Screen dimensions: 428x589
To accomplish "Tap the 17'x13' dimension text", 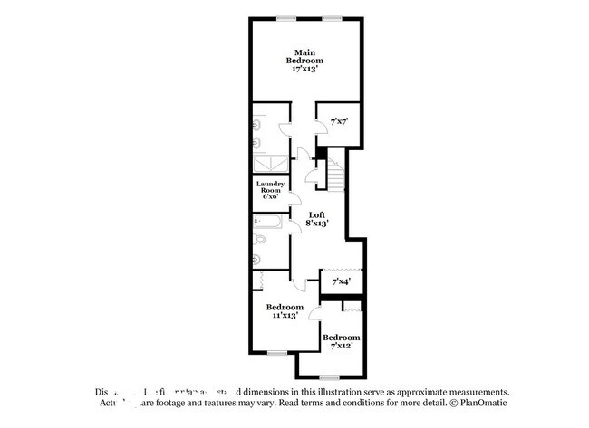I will (x=308, y=70).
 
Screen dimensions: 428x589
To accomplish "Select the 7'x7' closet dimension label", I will (x=340, y=119).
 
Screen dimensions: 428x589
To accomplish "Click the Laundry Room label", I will (x=270, y=187).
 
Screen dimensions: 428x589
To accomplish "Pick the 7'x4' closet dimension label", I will (x=341, y=282).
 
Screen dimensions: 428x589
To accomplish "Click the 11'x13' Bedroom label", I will (x=285, y=310).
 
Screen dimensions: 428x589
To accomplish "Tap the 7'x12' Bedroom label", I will (x=341, y=341).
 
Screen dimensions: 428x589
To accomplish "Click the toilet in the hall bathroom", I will (x=259, y=241).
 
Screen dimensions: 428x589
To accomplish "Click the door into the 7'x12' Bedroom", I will (x=315, y=313).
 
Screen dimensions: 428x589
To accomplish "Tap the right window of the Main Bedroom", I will (x=332, y=16).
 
